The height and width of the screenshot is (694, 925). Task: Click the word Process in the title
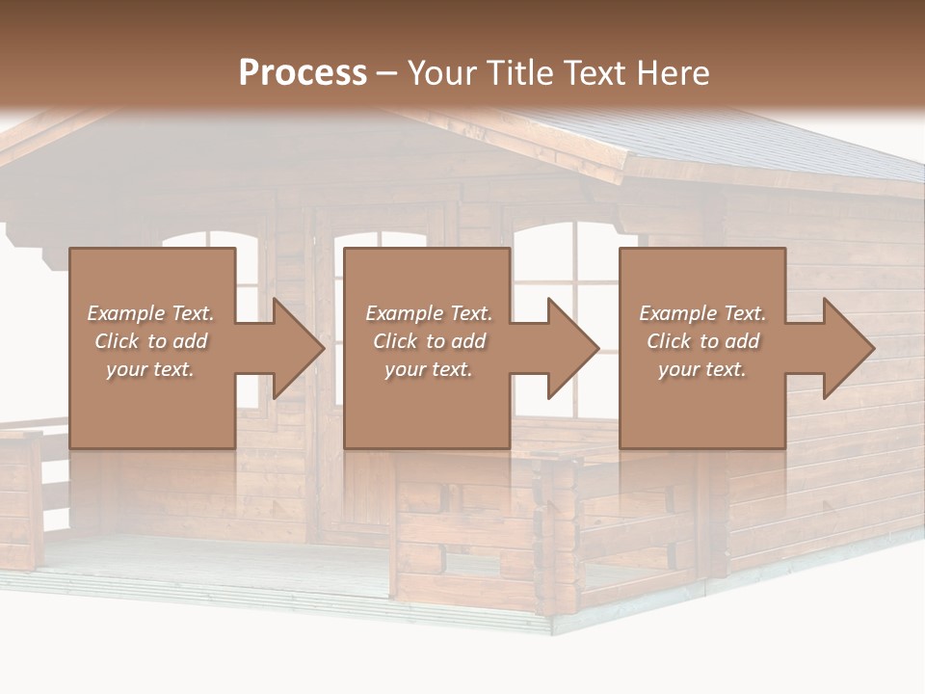[x=303, y=72]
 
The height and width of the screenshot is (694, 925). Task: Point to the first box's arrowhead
[x=294, y=348]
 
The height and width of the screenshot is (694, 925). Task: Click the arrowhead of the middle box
[x=568, y=348]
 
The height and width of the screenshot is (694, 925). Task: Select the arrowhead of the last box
[x=844, y=348]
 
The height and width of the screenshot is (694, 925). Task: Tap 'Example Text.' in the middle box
[x=428, y=313]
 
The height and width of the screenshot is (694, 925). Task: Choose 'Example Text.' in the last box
[x=701, y=313]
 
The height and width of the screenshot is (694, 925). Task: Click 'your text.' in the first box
[x=149, y=369]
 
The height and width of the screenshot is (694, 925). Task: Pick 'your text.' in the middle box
[x=428, y=369]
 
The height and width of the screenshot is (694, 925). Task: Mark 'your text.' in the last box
[x=701, y=369]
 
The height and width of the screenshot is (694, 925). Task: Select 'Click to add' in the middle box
[x=428, y=341]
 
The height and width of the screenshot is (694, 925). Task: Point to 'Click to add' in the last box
[x=701, y=341]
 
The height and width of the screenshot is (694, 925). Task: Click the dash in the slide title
[x=386, y=73]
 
